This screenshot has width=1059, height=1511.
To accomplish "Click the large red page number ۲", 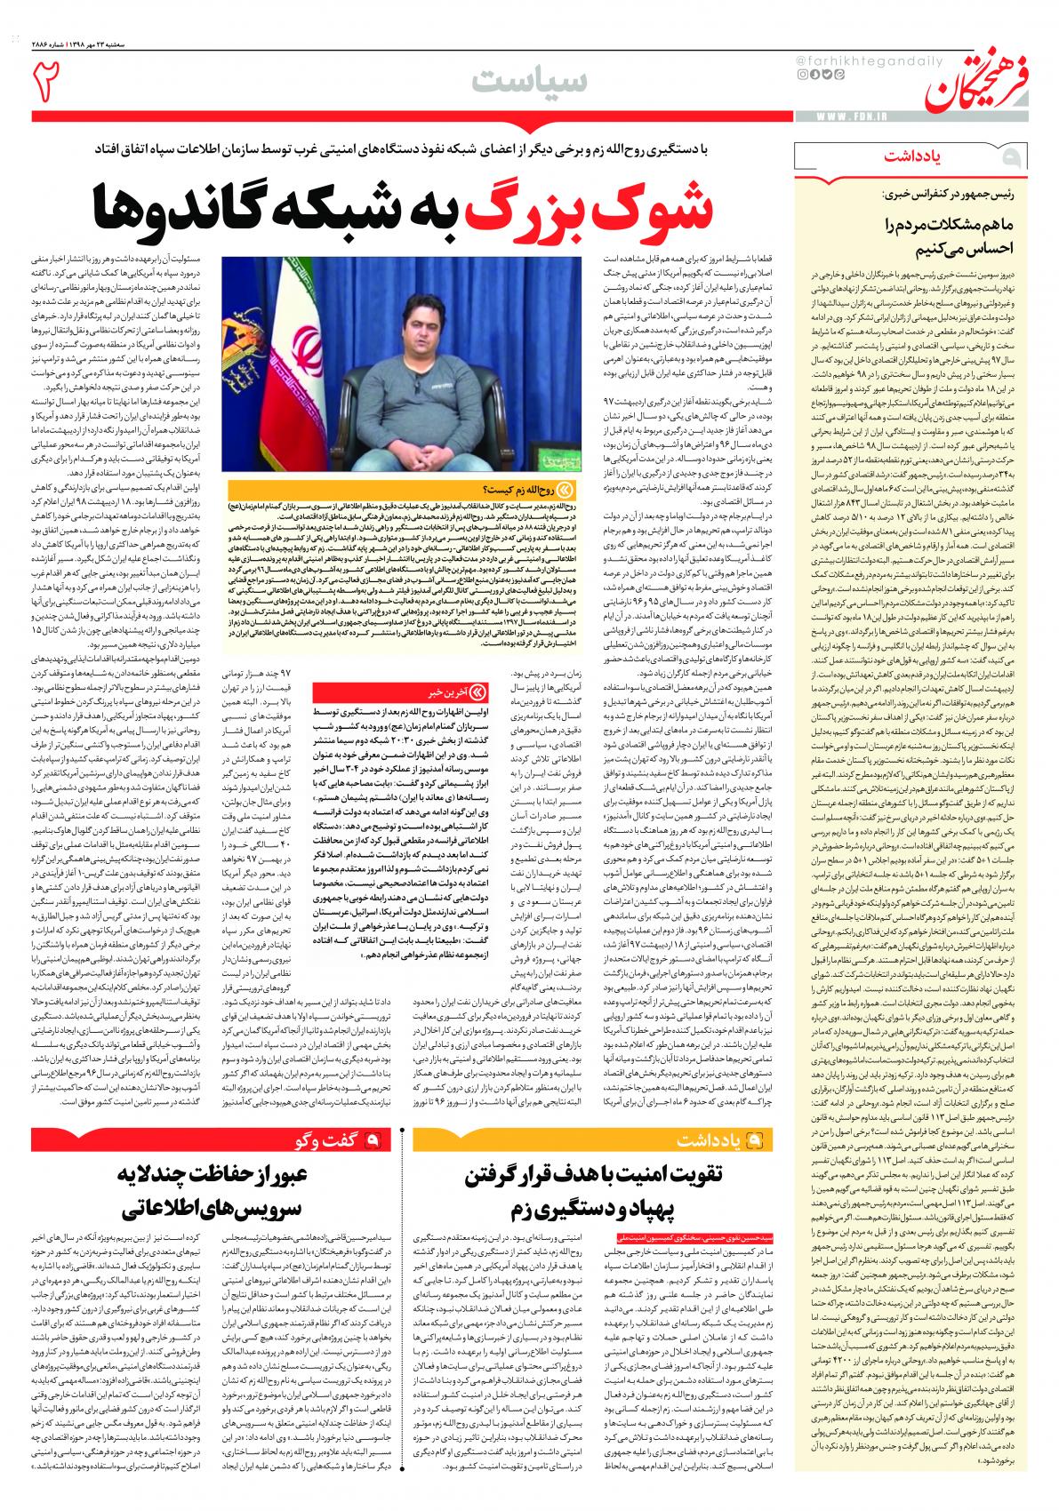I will [47, 81].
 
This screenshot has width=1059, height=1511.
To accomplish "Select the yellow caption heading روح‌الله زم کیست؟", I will [525, 490].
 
